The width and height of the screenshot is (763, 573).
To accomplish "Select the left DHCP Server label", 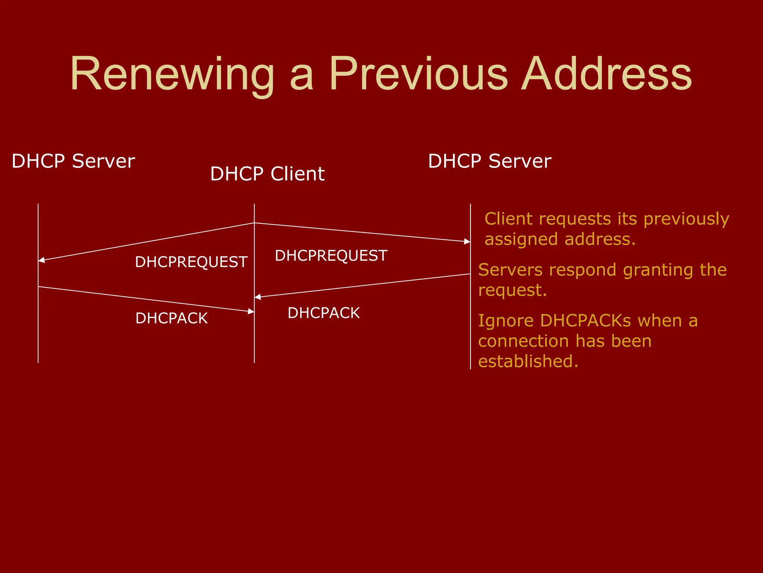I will coord(73,161).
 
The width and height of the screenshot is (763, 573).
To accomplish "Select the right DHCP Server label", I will coord(490,161).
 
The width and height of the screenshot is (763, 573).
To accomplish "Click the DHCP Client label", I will coord(267,174).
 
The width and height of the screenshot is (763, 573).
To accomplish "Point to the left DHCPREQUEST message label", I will coord(191,262).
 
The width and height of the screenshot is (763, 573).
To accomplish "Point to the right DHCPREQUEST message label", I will coord(331,256).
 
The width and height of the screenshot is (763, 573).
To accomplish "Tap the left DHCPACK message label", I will coord(171,318).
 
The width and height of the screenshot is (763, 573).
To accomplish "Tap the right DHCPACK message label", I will coord(323,313).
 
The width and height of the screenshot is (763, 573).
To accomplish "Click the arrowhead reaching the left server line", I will coord(41,260).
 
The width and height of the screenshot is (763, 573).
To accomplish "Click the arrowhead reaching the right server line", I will coord(467,241).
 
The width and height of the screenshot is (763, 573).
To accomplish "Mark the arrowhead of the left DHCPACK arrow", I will coord(251,311).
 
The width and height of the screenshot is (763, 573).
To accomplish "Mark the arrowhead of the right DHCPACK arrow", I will coord(258,297).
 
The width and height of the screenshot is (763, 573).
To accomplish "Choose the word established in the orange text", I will coord(528,361).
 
